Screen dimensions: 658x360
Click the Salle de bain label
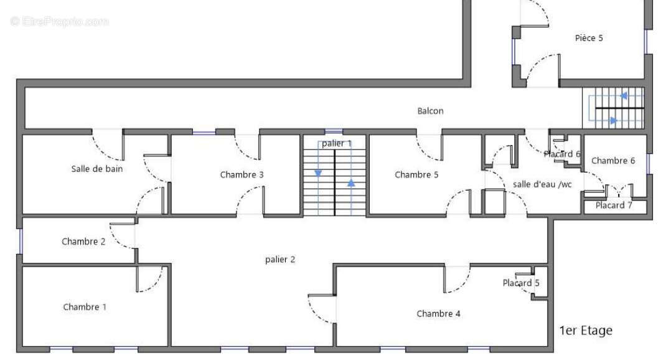pyautogui.click(x=97, y=169)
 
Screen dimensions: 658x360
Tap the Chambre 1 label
pyautogui.click(x=85, y=307)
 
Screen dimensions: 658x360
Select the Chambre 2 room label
pyautogui.click(x=83, y=242)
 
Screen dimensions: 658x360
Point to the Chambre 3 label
pyautogui.click(x=242, y=175)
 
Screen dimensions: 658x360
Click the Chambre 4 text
pyautogui.click(x=438, y=314)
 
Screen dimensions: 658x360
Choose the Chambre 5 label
pyautogui.click(x=416, y=175)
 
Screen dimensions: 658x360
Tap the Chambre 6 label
pyautogui.click(x=613, y=161)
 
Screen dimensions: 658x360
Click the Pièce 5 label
pyautogui.click(x=589, y=38)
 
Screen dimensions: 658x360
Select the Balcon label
pyautogui.click(x=430, y=111)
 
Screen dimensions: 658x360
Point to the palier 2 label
pyautogui.click(x=280, y=260)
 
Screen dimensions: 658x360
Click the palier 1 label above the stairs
pyautogui.click(x=337, y=144)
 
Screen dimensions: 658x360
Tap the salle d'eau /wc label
pyautogui.click(x=542, y=184)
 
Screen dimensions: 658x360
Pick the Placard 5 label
pyautogui.click(x=521, y=283)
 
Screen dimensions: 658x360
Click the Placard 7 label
pyautogui.click(x=614, y=206)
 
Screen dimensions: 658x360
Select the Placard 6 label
pyautogui.click(x=562, y=154)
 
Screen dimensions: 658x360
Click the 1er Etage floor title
pyautogui.click(x=586, y=331)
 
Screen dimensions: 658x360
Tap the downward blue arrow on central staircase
pyautogui.click(x=318, y=174)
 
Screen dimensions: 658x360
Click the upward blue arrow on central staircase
pyautogui.click(x=351, y=183)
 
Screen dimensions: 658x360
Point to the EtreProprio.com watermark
pyautogui.click(x=59, y=21)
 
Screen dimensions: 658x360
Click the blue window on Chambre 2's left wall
pyautogui.click(x=20, y=242)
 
